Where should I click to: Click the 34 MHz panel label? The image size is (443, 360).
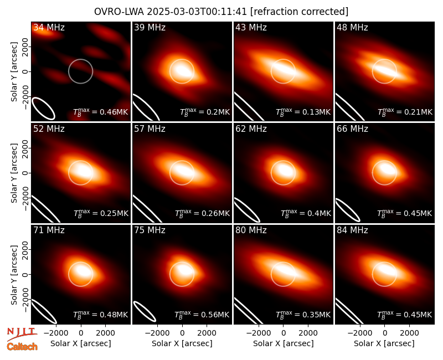[49, 27]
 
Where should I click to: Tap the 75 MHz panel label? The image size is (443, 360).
[150, 230]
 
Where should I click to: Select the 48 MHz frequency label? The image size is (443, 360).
[352, 27]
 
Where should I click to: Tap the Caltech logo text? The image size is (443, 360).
[22, 347]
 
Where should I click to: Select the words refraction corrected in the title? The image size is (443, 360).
[300, 12]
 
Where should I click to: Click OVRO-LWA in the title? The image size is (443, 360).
[119, 12]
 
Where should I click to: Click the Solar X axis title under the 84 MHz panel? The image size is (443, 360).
[384, 343]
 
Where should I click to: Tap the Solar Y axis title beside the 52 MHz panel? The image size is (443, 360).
[14, 173]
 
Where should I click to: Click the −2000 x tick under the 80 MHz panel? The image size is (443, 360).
[258, 333]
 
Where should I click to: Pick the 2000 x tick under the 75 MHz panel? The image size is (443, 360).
[207, 333]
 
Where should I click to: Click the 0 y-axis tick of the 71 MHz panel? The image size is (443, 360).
[25, 274]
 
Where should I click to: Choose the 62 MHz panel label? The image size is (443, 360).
[251, 129]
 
